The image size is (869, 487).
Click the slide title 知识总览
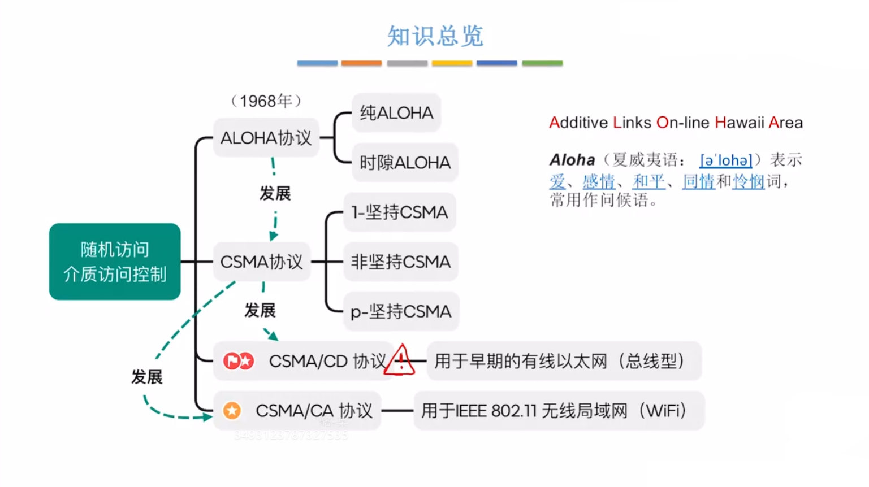[x=435, y=36]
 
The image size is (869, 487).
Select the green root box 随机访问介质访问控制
[x=115, y=262]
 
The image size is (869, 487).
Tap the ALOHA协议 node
[x=266, y=138]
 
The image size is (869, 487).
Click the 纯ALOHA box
[x=396, y=113]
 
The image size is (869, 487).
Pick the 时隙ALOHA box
[x=405, y=163]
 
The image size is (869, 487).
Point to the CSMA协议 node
[x=261, y=262]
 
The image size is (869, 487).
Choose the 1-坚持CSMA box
[x=399, y=212]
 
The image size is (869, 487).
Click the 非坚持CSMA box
[x=400, y=262]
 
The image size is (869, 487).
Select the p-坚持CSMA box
[x=401, y=312]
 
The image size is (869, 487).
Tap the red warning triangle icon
[x=400, y=361]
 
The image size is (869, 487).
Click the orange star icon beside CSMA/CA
[x=232, y=411]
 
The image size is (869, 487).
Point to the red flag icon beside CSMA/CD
[x=231, y=361]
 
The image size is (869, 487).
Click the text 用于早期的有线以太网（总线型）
[x=560, y=361]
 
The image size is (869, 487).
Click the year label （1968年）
[x=266, y=101]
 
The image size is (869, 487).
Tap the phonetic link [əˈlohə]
[x=725, y=160]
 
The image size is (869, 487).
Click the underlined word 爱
[x=557, y=181]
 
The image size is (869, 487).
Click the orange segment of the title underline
[x=361, y=63]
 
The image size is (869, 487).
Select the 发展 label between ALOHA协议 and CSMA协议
[x=275, y=194]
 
